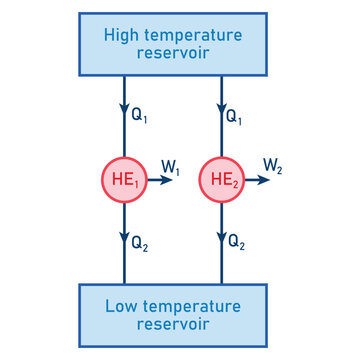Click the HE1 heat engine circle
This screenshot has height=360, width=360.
[x=124, y=180]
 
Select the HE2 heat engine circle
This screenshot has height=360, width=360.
[x=221, y=180]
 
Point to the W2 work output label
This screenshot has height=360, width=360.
[x=272, y=167]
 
